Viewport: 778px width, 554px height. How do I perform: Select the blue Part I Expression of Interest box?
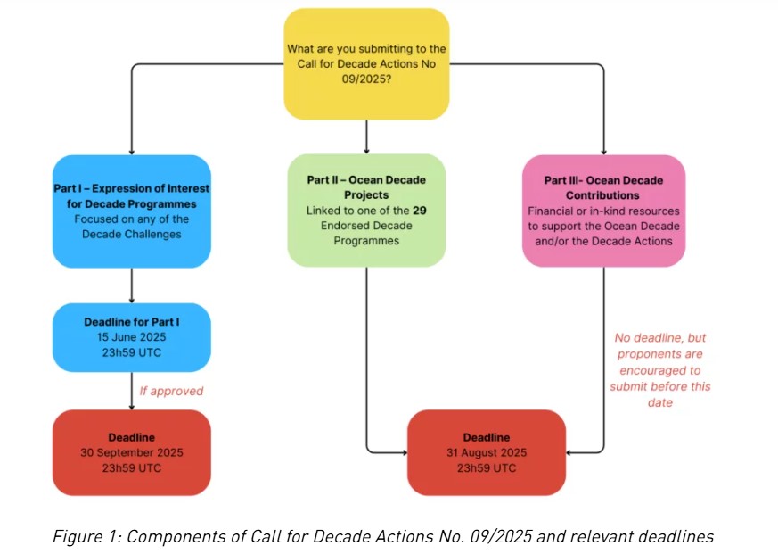pyautogui.click(x=132, y=211)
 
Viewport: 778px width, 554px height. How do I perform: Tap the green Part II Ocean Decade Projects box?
pyautogui.click(x=366, y=211)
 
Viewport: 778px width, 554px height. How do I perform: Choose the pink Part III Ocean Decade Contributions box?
pyautogui.click(x=603, y=211)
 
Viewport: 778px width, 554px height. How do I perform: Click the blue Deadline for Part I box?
pyautogui.click(x=132, y=337)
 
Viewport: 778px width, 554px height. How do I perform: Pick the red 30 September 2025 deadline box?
pyautogui.click(x=132, y=452)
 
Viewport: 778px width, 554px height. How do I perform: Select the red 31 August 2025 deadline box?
pyautogui.click(x=486, y=452)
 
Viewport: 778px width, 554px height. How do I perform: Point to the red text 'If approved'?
pyautogui.click(x=171, y=391)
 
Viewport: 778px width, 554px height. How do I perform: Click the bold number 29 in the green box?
pyautogui.click(x=418, y=210)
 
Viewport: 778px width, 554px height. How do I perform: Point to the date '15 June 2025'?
pyautogui.click(x=132, y=337)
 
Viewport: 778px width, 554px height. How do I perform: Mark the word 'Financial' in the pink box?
pyautogui.click(x=553, y=211)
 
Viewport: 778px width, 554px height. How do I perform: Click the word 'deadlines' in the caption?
pyautogui.click(x=682, y=536)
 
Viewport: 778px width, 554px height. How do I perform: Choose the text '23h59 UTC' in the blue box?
pyautogui.click(x=132, y=352)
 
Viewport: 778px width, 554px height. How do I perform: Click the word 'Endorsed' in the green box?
pyautogui.click(x=334, y=225)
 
